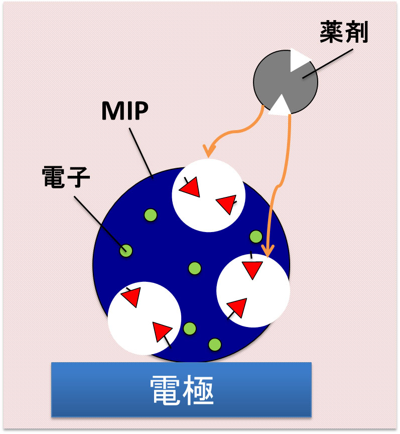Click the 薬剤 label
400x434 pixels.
coord(344,33)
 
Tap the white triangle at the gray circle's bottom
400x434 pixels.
coord(280,105)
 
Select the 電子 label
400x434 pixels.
coord(66,178)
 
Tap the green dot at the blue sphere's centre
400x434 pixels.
coord(195,268)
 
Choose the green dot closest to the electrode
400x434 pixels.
coord(214,345)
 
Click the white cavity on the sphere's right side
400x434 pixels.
coord(253,291)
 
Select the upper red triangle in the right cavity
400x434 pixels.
coord(253,269)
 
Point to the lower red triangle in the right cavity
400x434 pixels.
coord(237,307)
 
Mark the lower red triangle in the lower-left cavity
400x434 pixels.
coord(162,332)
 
